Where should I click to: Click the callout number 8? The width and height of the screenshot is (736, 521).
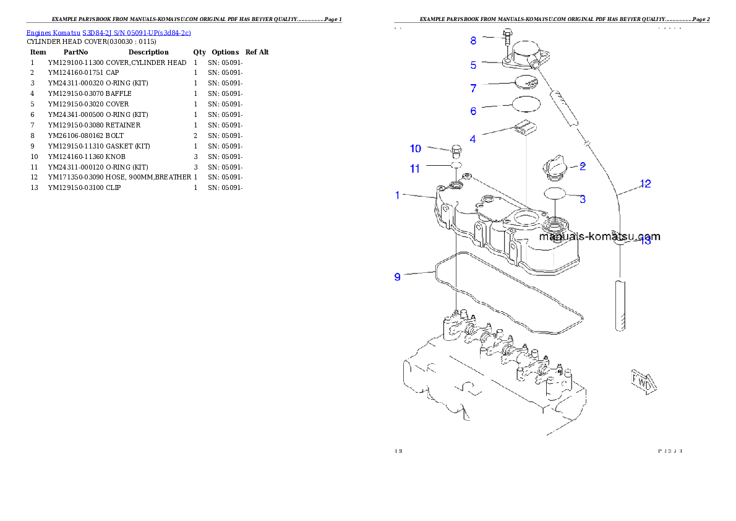click(x=473, y=41)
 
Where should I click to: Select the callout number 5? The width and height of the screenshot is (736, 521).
click(x=473, y=64)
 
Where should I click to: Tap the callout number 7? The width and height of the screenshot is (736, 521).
click(x=473, y=88)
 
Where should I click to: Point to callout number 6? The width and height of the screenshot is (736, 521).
click(x=473, y=111)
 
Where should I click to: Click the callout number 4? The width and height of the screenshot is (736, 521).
click(x=473, y=139)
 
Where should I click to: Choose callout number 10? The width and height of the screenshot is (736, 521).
click(x=416, y=149)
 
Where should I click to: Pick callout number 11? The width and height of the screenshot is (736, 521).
click(x=415, y=168)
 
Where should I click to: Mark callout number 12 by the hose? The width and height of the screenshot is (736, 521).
click(x=645, y=184)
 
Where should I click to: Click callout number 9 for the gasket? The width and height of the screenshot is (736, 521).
click(x=398, y=277)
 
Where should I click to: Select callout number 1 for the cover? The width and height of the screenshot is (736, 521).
click(x=398, y=196)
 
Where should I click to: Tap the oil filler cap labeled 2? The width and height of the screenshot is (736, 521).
click(x=554, y=167)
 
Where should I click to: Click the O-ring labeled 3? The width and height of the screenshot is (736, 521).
click(x=555, y=194)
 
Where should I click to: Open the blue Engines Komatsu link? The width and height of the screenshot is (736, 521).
click(x=108, y=32)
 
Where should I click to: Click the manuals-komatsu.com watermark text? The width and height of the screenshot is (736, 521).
click(x=599, y=236)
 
